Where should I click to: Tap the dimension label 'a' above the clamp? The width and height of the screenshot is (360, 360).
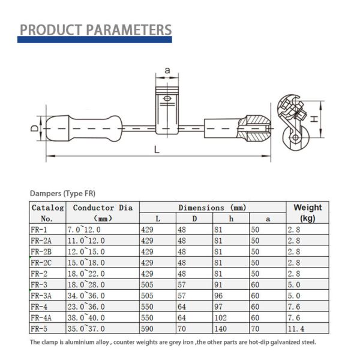167,71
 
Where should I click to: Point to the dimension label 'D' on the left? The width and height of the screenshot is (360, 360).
35,128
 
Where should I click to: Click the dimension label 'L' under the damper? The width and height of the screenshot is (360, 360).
157,151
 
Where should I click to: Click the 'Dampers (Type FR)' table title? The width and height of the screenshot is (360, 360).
62,193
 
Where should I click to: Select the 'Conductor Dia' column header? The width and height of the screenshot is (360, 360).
102,208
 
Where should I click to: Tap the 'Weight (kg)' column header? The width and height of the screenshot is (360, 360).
307,212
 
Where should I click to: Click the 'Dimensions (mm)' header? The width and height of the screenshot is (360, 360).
212,207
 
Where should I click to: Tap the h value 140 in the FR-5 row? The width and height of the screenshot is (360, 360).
221,328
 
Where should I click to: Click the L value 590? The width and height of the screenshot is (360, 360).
147,328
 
